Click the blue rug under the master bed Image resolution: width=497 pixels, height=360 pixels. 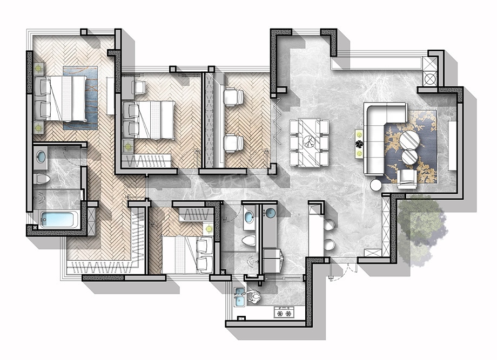pyautogui.click(x=80, y=97)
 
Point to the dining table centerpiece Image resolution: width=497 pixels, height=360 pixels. pyautogui.click(x=309, y=142)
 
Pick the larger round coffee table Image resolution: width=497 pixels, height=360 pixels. pyautogui.click(x=409, y=139)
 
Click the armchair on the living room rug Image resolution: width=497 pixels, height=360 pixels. pyautogui.click(x=407, y=178)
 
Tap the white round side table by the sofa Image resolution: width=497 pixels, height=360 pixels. pyautogui.click(x=375, y=185)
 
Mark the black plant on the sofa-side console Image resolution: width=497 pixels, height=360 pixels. pyautogui.click(x=359, y=144)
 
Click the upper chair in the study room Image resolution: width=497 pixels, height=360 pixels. pyautogui.click(x=233, y=97)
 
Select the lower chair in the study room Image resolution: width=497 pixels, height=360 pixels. pyautogui.click(x=233, y=143)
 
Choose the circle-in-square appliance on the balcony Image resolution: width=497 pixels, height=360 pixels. pyautogui.click(x=430, y=78)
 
